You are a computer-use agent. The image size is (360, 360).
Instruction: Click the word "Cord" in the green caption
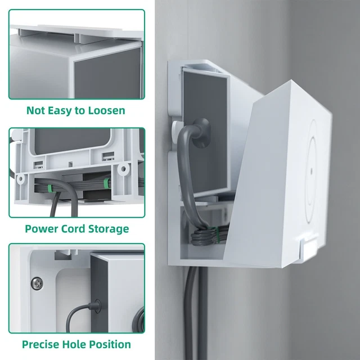pos(73,229)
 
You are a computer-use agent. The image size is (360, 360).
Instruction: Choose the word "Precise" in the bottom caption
pos(42,344)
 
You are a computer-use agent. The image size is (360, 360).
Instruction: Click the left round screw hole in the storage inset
pos(21,179)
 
